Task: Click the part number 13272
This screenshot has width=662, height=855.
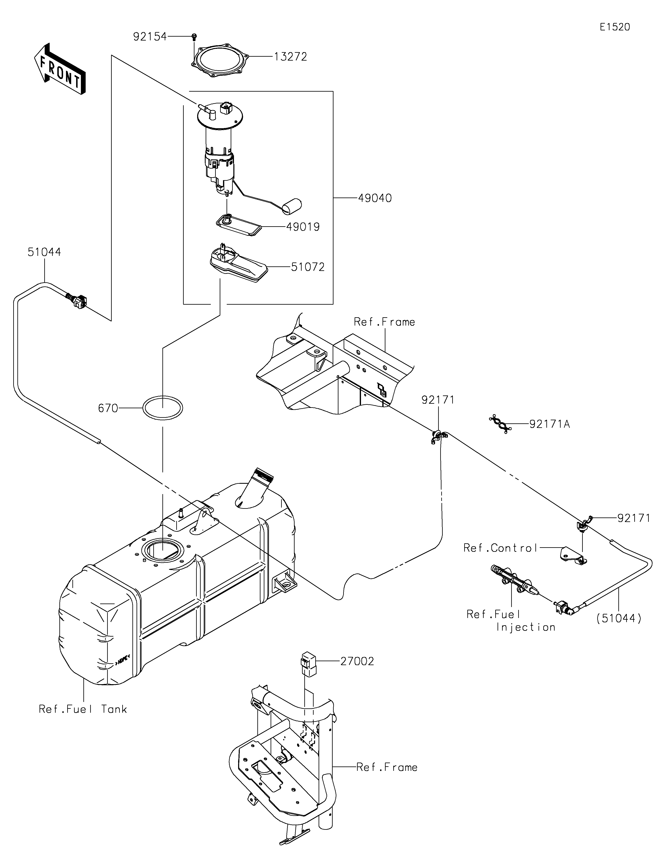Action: pyautogui.click(x=290, y=57)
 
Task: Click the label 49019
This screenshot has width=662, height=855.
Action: pyautogui.click(x=303, y=227)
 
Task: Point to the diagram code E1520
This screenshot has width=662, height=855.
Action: pyautogui.click(x=615, y=27)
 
